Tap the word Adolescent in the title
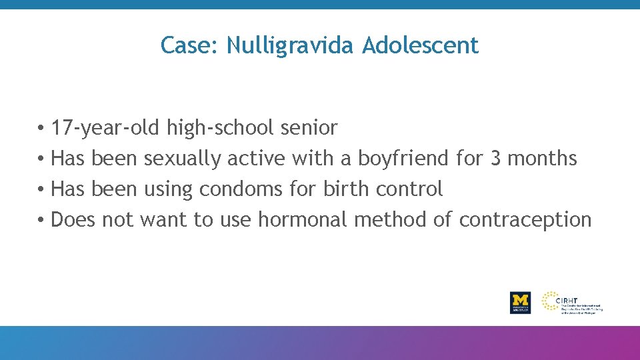click(421, 45)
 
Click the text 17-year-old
click(106, 127)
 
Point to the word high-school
click(221, 127)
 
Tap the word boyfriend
click(403, 158)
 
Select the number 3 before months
click(495, 158)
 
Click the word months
click(542, 158)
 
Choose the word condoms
click(241, 189)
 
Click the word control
click(409, 189)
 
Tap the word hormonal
click(303, 219)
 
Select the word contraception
click(525, 220)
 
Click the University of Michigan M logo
click(520, 302)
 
